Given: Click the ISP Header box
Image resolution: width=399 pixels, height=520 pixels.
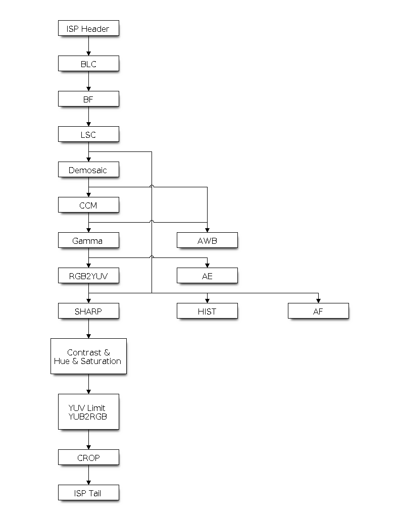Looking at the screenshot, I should coord(88,28).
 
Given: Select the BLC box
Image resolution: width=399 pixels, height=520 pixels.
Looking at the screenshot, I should coord(88,64).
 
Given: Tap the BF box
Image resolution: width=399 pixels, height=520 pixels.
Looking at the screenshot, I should coord(88,99).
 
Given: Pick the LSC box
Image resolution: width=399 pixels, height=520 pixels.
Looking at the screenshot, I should coord(88,134).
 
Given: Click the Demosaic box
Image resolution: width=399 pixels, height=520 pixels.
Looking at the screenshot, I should coord(88,170).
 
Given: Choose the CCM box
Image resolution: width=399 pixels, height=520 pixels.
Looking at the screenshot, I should coord(88,205).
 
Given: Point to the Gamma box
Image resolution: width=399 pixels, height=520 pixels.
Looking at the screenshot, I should coord(88,240).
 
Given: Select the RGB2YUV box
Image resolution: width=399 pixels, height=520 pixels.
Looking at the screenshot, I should coord(88,276).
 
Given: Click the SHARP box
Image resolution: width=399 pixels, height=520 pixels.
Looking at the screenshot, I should coord(88,311).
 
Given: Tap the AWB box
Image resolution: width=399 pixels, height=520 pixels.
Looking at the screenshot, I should coord(207,240).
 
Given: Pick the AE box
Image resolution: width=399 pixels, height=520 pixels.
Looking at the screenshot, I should coord(207,276).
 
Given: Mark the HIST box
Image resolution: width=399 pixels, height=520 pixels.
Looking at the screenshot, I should coord(207,311).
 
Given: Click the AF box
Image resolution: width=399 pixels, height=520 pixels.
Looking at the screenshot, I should coord(318,311).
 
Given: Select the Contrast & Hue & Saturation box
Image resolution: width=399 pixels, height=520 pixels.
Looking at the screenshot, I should coord(88,356).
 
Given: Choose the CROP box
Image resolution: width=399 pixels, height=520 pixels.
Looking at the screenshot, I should coord(88,457).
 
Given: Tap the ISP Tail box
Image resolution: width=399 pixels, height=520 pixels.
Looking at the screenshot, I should coord(88,493).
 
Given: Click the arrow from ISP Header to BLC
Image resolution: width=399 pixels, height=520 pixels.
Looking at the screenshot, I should coord(88,46).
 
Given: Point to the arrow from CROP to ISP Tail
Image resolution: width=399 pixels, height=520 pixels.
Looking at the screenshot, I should coord(88,475).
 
